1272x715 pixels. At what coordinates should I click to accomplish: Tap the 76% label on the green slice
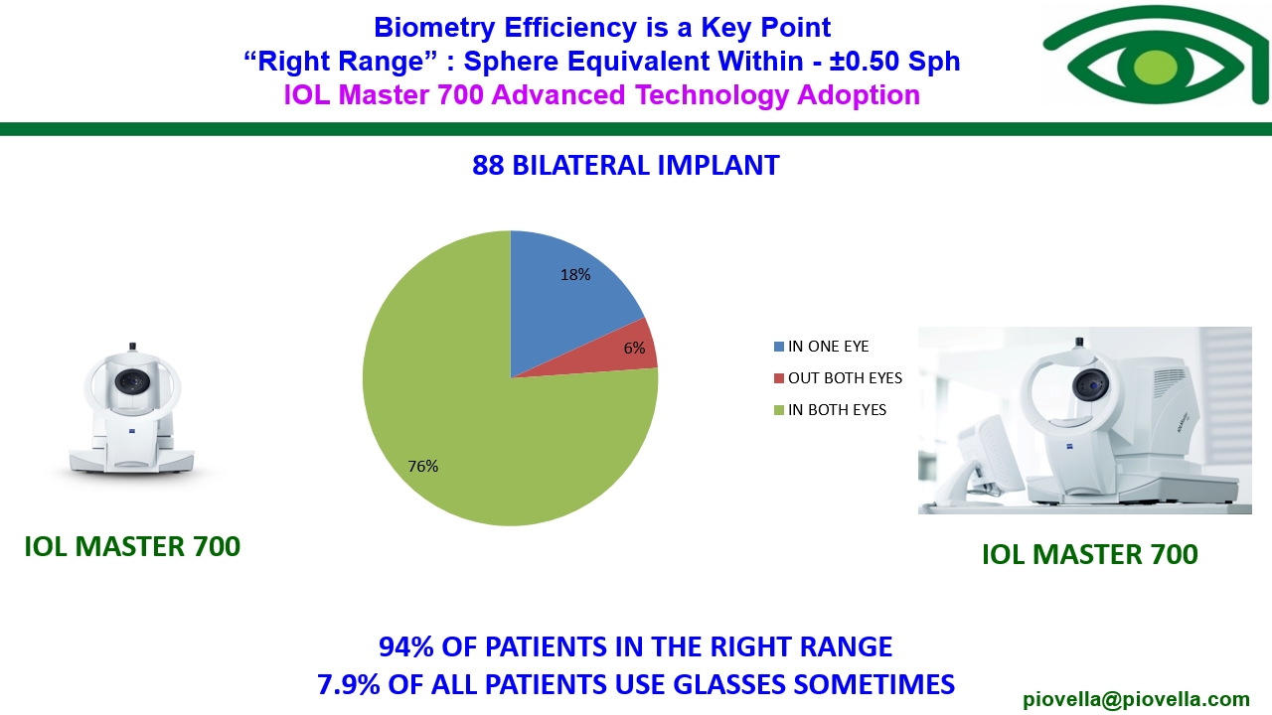pyautogui.click(x=423, y=466)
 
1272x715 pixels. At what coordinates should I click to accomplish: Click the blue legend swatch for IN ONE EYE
pyautogui.click(x=779, y=347)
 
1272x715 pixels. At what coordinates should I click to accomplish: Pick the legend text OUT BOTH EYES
pyautogui.click(x=845, y=378)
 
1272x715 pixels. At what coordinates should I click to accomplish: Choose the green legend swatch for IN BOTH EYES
pyautogui.click(x=779, y=410)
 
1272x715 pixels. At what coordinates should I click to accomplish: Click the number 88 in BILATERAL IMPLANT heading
pyautogui.click(x=488, y=166)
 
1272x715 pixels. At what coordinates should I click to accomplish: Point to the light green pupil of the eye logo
pyautogui.click(x=1155, y=67)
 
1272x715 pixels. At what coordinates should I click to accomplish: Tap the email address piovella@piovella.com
pyautogui.click(x=1136, y=699)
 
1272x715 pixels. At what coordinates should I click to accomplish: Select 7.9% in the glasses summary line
pyautogui.click(x=349, y=684)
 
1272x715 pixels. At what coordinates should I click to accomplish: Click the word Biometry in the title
pyautogui.click(x=434, y=28)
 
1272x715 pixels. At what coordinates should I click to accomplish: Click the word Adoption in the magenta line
pyautogui.click(x=859, y=95)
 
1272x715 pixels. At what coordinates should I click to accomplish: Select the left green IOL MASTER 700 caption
pyautogui.click(x=132, y=546)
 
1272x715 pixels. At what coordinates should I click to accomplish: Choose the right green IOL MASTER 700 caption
pyautogui.click(x=1090, y=554)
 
